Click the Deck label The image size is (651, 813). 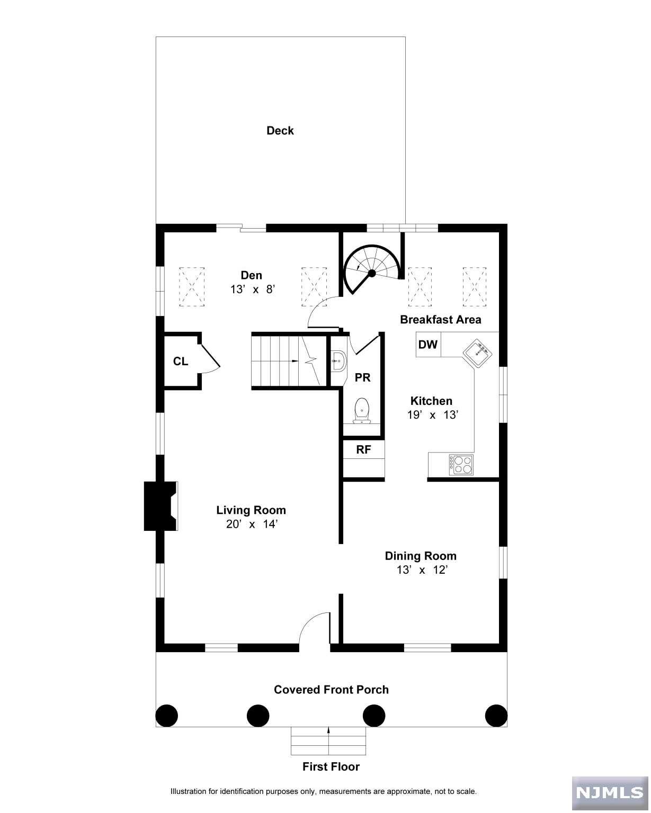(280, 131)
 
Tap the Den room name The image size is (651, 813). (252, 275)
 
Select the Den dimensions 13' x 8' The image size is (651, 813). (253, 290)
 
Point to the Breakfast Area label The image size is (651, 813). (440, 320)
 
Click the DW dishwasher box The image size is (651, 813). (429, 344)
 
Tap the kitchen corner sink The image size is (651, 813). (477, 353)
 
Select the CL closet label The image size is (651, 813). (180, 362)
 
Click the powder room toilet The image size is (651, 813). (362, 410)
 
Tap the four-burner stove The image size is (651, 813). (461, 464)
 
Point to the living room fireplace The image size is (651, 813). (160, 506)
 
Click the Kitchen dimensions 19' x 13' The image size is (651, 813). (432, 415)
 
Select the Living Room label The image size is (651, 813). (251, 510)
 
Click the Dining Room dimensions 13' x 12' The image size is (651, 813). (422, 570)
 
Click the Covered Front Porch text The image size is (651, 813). (331, 690)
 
